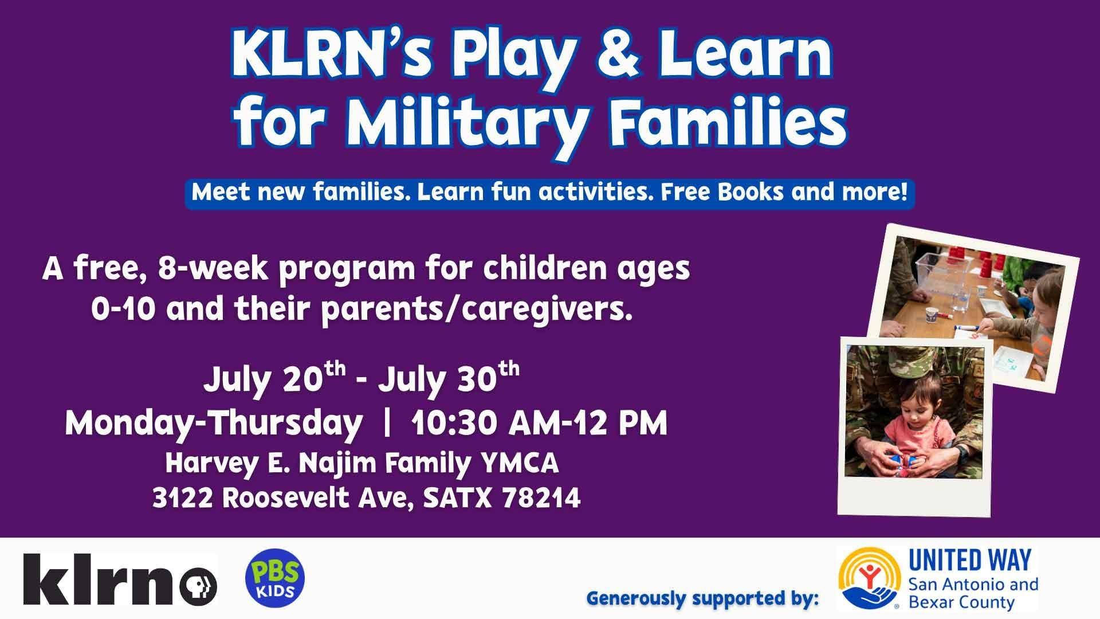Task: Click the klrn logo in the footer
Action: coord(120,579)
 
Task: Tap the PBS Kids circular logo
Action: coord(275,579)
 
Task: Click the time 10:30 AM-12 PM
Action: coord(539,424)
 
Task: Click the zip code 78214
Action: coord(541,498)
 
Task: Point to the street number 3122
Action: coord(183,498)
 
